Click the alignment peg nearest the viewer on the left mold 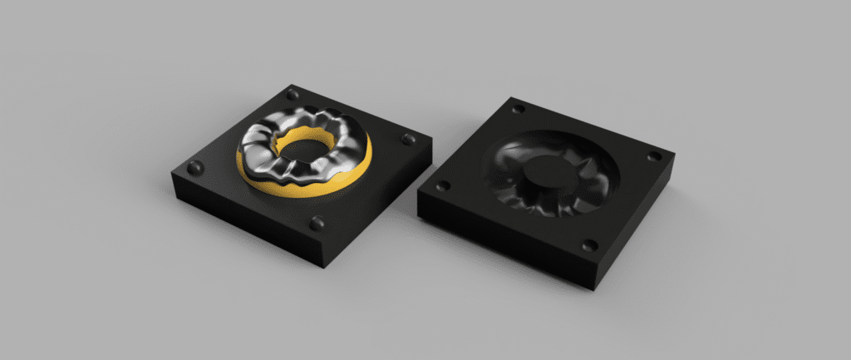[x=317, y=222]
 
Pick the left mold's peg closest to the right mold [x=408, y=138]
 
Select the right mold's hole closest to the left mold [x=443, y=185]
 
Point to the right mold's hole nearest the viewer [x=589, y=245]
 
